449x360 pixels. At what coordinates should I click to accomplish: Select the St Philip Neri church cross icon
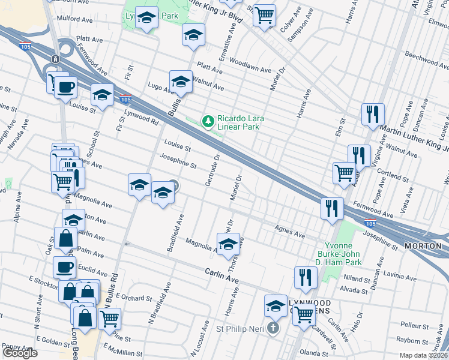(x=274, y=328)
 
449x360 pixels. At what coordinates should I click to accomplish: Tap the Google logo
(x=20, y=353)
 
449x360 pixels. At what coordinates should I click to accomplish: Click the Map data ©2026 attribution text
(x=424, y=355)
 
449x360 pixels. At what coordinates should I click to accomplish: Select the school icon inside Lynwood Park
(x=146, y=19)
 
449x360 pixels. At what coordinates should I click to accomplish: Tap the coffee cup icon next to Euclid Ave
(x=65, y=266)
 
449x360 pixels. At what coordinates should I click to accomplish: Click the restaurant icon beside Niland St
(x=306, y=277)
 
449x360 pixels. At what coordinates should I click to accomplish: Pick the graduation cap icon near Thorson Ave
(x=228, y=244)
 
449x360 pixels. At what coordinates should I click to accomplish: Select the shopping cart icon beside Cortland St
(x=345, y=172)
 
